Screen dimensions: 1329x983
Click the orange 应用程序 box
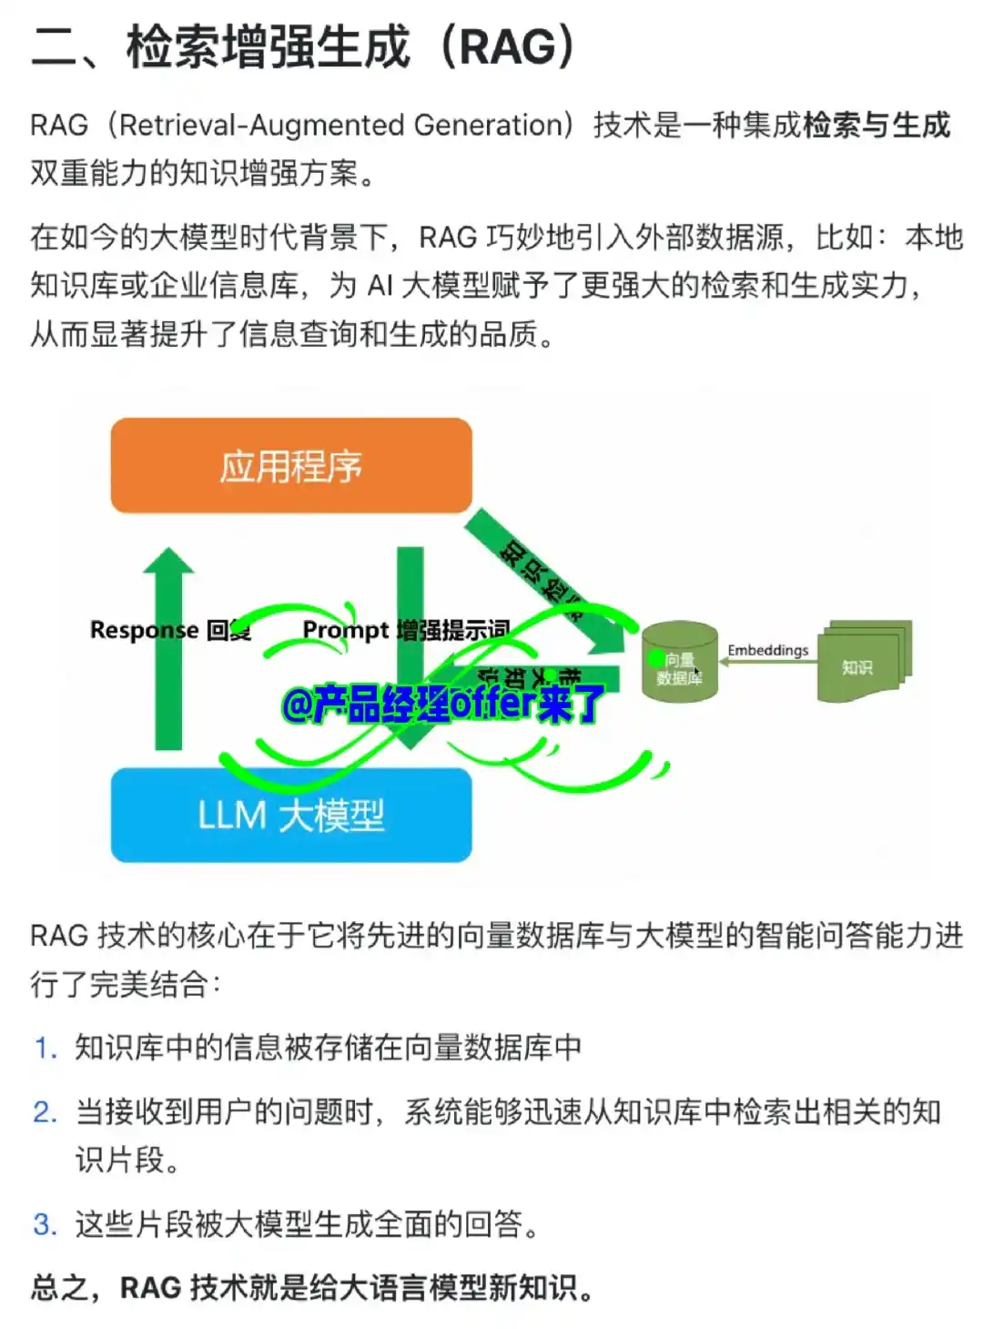point(291,466)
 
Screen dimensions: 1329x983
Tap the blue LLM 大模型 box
point(291,815)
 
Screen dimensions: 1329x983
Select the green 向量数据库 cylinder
point(679,663)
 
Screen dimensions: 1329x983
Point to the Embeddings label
point(767,650)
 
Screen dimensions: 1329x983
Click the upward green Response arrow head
point(168,564)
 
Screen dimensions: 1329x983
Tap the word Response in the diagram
point(144,630)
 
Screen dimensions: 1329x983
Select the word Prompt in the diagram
point(345,630)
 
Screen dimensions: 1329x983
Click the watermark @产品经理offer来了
point(442,704)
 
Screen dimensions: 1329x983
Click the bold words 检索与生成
point(876,125)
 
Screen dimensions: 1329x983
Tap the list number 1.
point(45,1049)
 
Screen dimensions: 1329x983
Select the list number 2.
point(45,1112)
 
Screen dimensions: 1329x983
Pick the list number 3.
point(45,1224)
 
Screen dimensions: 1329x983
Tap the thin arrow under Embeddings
point(767,663)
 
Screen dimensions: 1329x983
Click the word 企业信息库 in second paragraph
point(225,286)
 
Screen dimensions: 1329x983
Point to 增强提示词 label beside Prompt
point(452,630)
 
